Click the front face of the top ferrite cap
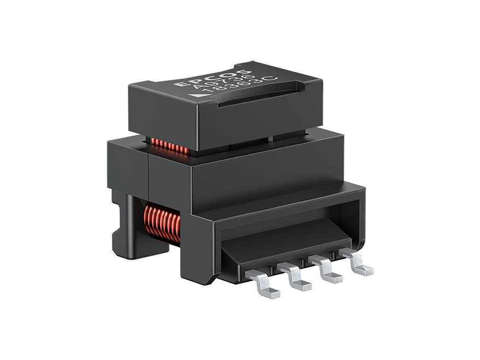tap(164, 115)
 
